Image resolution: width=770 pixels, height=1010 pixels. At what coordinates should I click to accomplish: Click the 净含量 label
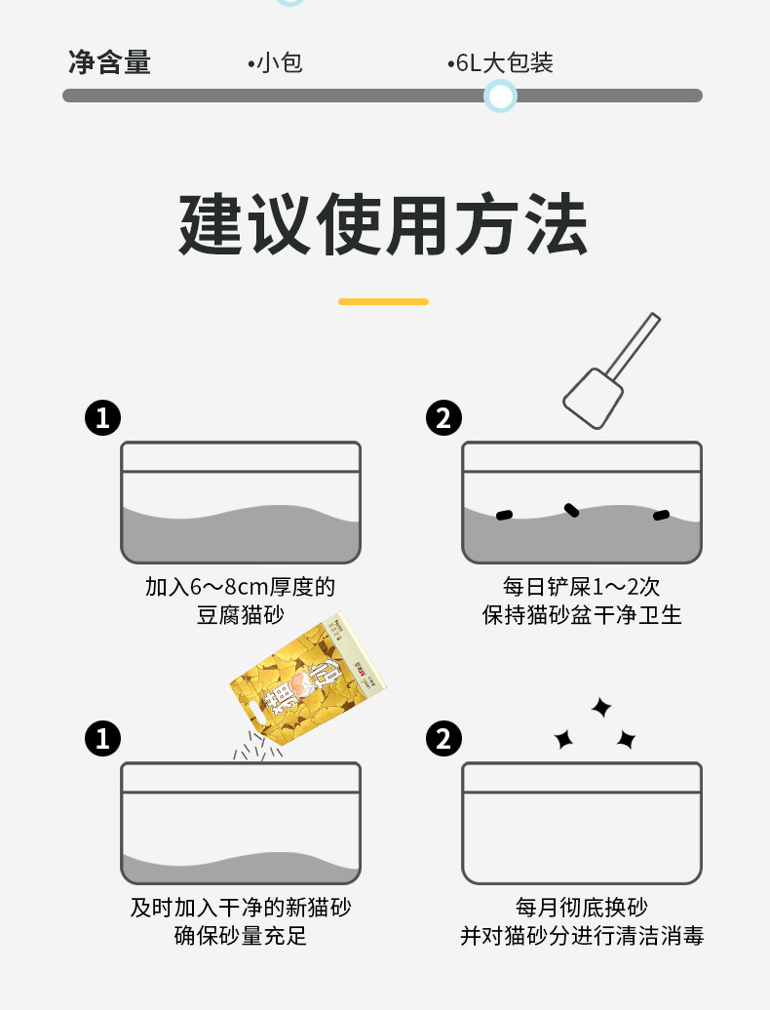(x=109, y=62)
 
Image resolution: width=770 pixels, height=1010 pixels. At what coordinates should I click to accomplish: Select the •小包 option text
(x=275, y=63)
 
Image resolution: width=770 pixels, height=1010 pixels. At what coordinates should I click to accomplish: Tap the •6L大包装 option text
(x=500, y=63)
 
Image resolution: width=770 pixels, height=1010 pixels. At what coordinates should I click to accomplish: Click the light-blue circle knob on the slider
(x=500, y=96)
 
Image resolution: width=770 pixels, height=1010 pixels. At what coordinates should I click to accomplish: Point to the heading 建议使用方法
(x=384, y=223)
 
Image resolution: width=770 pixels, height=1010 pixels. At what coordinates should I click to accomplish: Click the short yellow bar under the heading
(x=384, y=301)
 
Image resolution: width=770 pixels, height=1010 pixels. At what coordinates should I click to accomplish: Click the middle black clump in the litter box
(x=571, y=510)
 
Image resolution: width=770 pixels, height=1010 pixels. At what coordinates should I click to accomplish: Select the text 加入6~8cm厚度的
(x=240, y=587)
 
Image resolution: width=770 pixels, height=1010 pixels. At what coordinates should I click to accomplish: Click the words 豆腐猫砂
(x=240, y=615)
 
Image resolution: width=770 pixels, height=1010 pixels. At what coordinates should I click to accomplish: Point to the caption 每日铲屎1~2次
(x=581, y=587)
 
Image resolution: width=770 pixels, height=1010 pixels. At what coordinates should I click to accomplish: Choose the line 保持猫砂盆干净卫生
(x=582, y=615)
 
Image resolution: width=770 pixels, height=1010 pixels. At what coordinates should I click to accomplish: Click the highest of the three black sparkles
(x=601, y=707)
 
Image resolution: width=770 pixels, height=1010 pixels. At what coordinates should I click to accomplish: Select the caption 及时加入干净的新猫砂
(x=241, y=908)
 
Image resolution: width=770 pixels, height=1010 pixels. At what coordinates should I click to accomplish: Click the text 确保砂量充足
(x=241, y=936)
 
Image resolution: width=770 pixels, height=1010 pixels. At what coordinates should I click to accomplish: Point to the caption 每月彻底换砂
(x=582, y=908)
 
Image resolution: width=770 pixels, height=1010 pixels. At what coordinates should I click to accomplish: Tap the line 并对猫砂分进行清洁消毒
(x=582, y=936)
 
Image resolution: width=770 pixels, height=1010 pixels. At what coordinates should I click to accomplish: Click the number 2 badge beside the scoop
(x=443, y=417)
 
